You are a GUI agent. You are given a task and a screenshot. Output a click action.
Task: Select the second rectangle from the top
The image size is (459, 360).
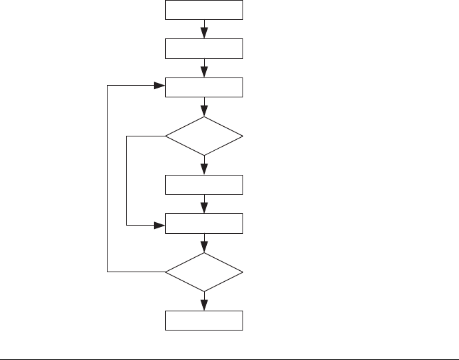click(x=204, y=49)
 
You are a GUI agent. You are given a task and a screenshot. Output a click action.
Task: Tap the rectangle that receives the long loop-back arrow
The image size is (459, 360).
click(x=204, y=88)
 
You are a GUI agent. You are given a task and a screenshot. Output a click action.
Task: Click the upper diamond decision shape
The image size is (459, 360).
click(x=204, y=136)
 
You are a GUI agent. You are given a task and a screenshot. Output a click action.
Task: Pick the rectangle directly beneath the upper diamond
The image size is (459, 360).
click(x=204, y=184)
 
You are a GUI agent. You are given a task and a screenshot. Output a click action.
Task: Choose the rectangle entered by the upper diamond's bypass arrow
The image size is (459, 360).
click(x=204, y=224)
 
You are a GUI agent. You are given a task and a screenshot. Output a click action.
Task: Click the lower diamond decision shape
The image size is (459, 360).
click(x=204, y=272)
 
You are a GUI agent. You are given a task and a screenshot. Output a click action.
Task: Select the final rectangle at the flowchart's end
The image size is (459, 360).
click(x=204, y=320)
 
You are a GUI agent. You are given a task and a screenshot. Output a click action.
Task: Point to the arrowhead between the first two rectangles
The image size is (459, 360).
click(x=204, y=34)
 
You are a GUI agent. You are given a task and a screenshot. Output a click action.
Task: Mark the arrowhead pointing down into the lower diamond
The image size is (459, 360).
click(x=204, y=248)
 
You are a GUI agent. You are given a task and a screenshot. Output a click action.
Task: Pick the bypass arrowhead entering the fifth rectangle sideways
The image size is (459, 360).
click(x=160, y=224)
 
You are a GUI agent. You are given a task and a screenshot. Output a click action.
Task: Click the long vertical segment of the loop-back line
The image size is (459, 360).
click(x=108, y=178)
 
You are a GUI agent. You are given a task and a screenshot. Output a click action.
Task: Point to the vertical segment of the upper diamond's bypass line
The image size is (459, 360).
click(x=127, y=180)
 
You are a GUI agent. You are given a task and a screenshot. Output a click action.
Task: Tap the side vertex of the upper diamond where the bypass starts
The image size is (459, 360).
click(x=166, y=136)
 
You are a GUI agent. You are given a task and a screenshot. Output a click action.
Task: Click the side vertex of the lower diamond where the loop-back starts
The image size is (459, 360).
click(x=166, y=272)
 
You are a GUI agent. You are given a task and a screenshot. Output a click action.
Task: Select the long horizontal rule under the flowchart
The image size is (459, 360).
click(x=229, y=358)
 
